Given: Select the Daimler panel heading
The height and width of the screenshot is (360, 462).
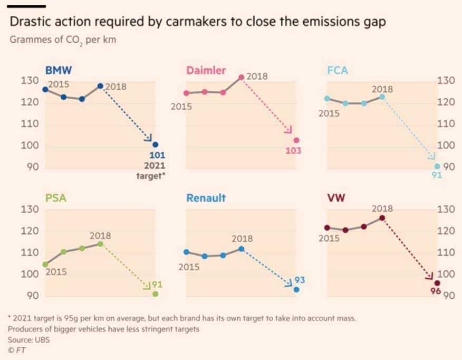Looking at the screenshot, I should coord(206,70).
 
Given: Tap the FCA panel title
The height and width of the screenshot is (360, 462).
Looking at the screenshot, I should coord(338,70).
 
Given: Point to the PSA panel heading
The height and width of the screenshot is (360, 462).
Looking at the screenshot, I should coord(55,198).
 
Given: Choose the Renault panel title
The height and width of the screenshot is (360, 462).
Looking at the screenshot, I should coord(206,198).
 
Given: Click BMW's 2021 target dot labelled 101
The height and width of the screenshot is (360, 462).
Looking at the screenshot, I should coord(155,145).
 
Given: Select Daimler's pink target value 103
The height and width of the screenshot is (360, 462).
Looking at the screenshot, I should coord(293,151).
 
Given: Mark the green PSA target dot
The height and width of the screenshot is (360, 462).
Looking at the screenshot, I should coord(155,294).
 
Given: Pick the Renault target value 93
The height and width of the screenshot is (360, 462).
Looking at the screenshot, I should coord(300,279).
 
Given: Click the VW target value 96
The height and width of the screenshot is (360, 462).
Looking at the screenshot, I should coord(436,292).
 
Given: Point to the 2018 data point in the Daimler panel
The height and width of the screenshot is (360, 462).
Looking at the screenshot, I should coord(241,77).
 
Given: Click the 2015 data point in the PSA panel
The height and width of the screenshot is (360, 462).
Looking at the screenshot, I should coord(45,264).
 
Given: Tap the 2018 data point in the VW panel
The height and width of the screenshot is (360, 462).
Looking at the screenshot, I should coord(382,218).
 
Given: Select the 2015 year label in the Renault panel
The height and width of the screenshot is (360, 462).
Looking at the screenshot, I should coord(189,267).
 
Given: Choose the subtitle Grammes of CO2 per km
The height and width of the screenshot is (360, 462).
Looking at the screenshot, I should coord(63,41).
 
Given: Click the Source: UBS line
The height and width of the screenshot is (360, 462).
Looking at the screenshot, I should coord(28,339).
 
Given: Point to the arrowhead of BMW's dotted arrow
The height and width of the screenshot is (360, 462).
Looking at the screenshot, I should coord(149,139).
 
